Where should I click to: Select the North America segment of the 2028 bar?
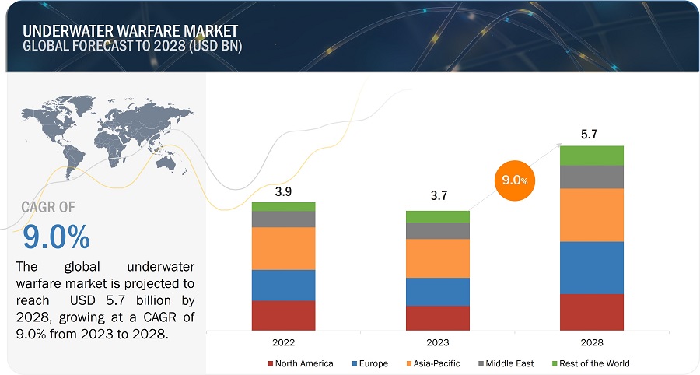tap(592, 312)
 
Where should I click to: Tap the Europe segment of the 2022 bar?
tap(283, 285)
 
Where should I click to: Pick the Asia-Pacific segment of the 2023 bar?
tap(438, 258)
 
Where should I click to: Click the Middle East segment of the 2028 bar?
tap(592, 177)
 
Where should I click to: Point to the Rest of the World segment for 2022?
tap(283, 206)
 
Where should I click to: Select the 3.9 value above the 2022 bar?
tap(283, 190)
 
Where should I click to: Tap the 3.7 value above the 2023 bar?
tap(438, 198)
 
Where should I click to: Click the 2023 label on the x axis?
tap(438, 342)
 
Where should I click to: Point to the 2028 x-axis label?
tap(592, 342)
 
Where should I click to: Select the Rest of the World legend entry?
tap(592, 363)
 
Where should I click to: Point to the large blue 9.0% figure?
tap(56, 236)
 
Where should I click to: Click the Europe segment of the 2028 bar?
tap(592, 268)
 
